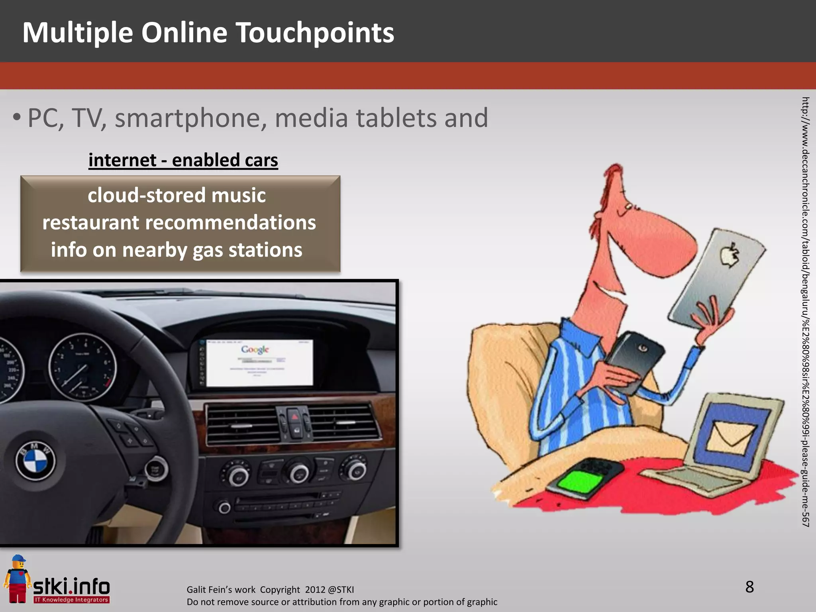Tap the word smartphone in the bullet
tap(190, 118)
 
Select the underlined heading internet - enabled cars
tap(183, 160)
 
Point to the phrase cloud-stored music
tap(177, 195)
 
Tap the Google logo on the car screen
tap(255, 350)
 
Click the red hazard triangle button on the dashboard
tap(294, 417)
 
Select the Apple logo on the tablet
tap(730, 255)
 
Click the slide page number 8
tap(749, 587)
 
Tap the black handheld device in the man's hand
tap(634, 361)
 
